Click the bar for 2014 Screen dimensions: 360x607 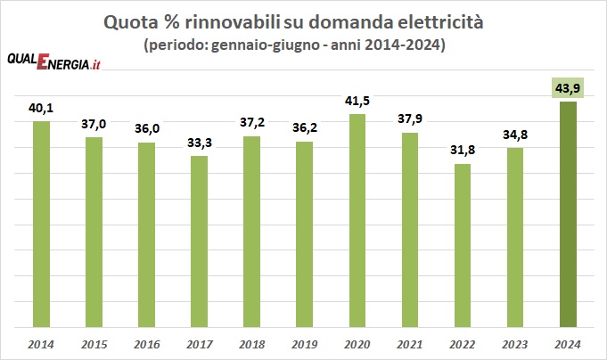pos(41,225)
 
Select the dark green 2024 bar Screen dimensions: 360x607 pos(568,215)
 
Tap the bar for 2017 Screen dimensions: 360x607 pos(200,241)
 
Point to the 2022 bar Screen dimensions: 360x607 pos(463,246)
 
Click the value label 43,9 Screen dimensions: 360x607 pos(568,88)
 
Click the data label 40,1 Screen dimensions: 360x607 pos(41,109)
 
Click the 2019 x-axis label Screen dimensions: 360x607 pos(305,345)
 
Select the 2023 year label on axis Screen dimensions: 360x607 pos(515,345)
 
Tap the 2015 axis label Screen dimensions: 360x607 pos(94,345)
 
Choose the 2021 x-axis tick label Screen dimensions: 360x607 pos(410,345)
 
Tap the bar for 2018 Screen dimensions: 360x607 pos(252,232)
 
